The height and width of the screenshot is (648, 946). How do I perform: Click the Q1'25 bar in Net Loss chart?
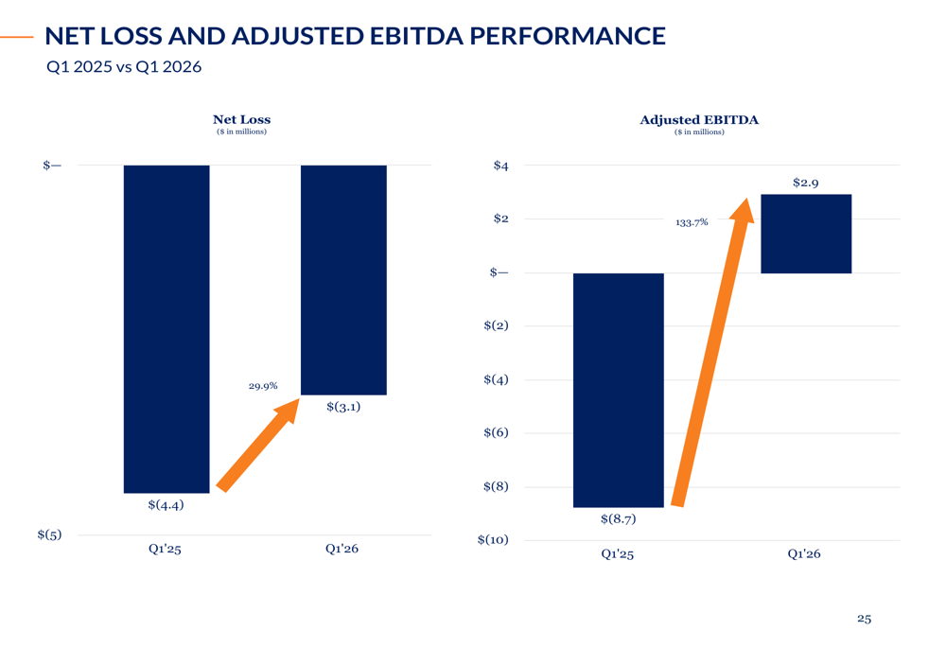point(166,329)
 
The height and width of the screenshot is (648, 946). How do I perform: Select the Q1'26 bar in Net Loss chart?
point(344,280)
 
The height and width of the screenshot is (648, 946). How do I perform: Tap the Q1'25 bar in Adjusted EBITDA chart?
point(619,390)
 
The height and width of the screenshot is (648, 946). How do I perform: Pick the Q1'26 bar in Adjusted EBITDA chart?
point(806,234)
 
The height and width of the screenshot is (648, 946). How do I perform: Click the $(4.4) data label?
point(166,505)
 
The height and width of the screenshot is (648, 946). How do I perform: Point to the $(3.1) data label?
point(343,407)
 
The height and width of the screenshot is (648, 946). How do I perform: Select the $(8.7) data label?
point(619,519)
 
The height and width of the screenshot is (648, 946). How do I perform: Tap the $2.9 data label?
point(805,183)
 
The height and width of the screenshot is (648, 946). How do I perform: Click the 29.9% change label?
point(263,386)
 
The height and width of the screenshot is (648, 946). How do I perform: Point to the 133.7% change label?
point(692,222)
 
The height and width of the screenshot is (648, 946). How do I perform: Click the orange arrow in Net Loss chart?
point(258,444)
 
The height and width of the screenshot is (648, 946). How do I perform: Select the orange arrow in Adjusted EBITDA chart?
point(713,352)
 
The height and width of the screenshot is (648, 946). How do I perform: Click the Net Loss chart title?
point(241,119)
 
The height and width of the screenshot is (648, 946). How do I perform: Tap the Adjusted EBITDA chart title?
point(699,119)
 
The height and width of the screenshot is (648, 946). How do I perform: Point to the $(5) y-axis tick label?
point(49,534)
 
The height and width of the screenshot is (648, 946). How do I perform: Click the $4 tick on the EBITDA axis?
point(500,166)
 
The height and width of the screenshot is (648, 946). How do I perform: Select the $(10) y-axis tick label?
point(493,540)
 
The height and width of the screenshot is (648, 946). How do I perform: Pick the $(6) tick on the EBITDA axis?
point(496,432)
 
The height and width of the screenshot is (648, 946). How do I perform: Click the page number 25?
point(864,619)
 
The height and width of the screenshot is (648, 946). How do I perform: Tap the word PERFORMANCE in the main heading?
point(567,36)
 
